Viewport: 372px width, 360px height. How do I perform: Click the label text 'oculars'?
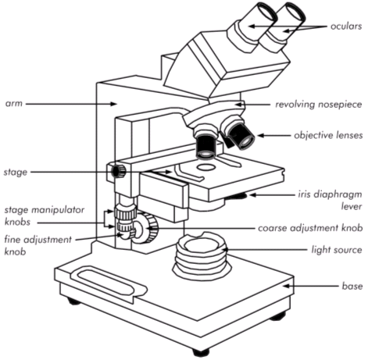coord(345,26)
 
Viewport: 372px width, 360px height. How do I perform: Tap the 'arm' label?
coord(13,103)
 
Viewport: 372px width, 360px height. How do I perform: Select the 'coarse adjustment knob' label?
coord(310,228)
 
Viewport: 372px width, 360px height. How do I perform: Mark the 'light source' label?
coord(336,250)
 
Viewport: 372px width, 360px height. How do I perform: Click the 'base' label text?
coord(351,287)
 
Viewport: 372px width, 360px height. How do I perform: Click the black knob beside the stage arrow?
coord(117,170)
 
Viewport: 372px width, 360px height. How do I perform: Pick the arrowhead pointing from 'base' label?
coord(286,287)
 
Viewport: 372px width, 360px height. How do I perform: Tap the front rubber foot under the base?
coord(201,351)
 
